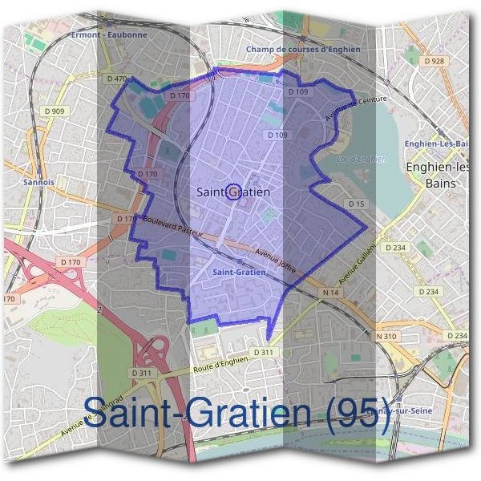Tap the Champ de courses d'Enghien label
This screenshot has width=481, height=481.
click(x=303, y=49)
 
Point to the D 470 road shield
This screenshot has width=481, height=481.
click(x=117, y=79)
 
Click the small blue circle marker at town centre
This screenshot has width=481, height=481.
click(x=233, y=192)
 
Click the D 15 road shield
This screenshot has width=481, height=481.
click(x=357, y=204)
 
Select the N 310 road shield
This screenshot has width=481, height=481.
click(x=386, y=336)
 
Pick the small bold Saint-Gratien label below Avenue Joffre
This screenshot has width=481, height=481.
click(x=240, y=272)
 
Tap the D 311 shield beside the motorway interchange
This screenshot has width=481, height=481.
click(x=141, y=373)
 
